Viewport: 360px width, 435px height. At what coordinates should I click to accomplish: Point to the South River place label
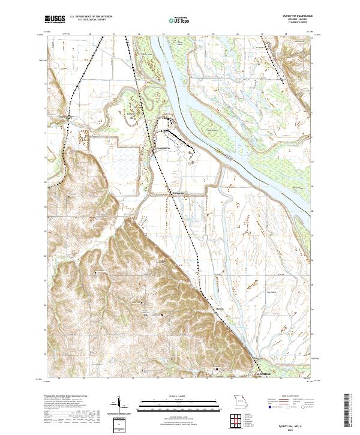pyautogui.click(x=164, y=145)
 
